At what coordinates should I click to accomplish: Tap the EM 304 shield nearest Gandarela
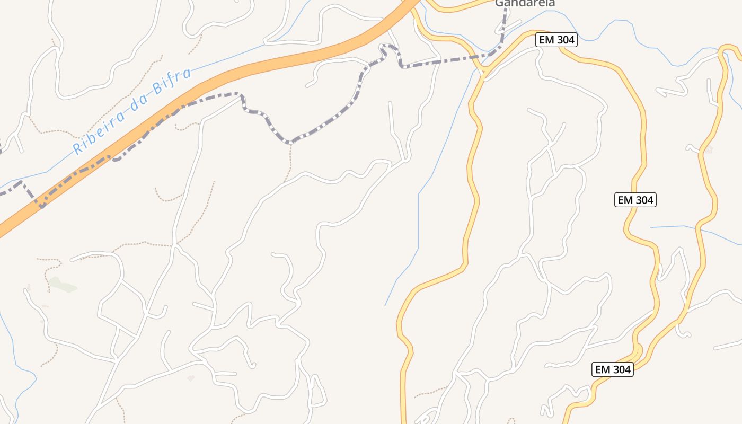tap(555, 40)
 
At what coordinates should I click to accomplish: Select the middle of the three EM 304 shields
tap(635, 200)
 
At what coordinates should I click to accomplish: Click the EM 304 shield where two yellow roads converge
tap(612, 369)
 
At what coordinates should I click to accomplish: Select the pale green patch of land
tap(63, 285)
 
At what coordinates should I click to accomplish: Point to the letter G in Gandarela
tap(499, 3)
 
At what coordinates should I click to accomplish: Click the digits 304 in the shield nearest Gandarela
tap(563, 40)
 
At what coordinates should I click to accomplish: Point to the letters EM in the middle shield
tap(625, 200)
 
